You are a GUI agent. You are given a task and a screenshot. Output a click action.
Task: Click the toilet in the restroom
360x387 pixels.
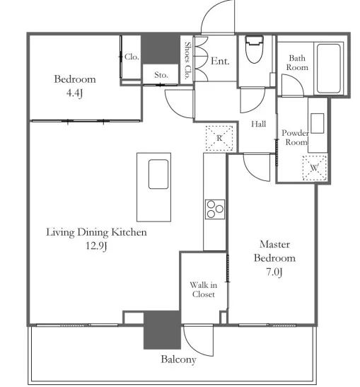point(255,50)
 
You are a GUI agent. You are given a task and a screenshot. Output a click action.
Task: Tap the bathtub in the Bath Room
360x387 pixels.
point(329,69)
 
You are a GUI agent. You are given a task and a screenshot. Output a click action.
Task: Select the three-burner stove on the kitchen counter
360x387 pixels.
point(215,209)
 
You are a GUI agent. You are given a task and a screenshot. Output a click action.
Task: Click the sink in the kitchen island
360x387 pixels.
point(158,174)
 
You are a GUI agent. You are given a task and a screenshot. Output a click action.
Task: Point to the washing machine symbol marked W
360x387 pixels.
point(315,168)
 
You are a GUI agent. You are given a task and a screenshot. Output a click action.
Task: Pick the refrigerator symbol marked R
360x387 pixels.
point(219,138)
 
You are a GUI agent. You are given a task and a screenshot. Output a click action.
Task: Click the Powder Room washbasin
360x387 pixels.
point(318,123)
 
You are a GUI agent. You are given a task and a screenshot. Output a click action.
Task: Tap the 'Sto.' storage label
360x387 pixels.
point(161,74)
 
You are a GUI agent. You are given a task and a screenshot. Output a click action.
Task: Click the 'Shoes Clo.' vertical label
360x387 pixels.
point(187,60)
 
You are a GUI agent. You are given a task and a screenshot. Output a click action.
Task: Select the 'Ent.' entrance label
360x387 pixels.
point(220,61)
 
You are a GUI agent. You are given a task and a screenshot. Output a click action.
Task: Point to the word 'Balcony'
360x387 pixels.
point(178,359)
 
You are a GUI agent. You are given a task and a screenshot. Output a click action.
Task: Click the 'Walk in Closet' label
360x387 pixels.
point(204,289)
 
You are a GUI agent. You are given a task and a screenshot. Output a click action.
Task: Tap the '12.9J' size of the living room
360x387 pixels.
point(96,246)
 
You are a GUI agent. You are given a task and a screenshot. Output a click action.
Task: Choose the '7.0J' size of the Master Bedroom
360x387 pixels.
point(274,272)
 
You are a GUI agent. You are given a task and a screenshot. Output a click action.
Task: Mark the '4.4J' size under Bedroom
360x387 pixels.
point(74,93)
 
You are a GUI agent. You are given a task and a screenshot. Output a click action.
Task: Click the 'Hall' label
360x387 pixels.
point(259,124)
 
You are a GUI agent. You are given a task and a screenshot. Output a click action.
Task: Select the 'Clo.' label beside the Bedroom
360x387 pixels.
point(132,57)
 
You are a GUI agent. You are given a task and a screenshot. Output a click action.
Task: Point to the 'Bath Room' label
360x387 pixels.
point(297,63)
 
